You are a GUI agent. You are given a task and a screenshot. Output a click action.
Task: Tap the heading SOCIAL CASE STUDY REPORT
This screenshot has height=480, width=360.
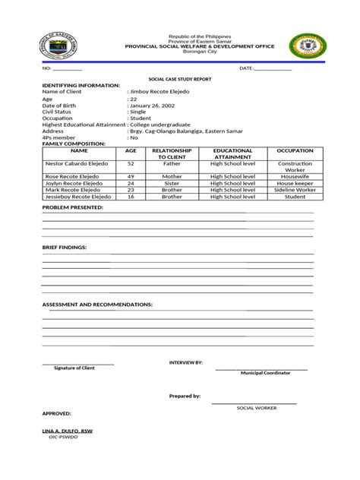(x=179, y=79)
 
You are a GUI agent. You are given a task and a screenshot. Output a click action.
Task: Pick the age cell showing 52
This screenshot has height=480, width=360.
(x=131, y=163)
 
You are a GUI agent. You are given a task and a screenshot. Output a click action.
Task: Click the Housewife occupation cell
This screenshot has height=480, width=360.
(x=290, y=176)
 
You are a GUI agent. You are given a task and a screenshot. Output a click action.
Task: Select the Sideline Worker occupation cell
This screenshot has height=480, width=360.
(x=290, y=189)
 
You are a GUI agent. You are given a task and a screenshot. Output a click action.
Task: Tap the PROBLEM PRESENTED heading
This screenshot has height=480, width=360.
(x=72, y=207)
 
